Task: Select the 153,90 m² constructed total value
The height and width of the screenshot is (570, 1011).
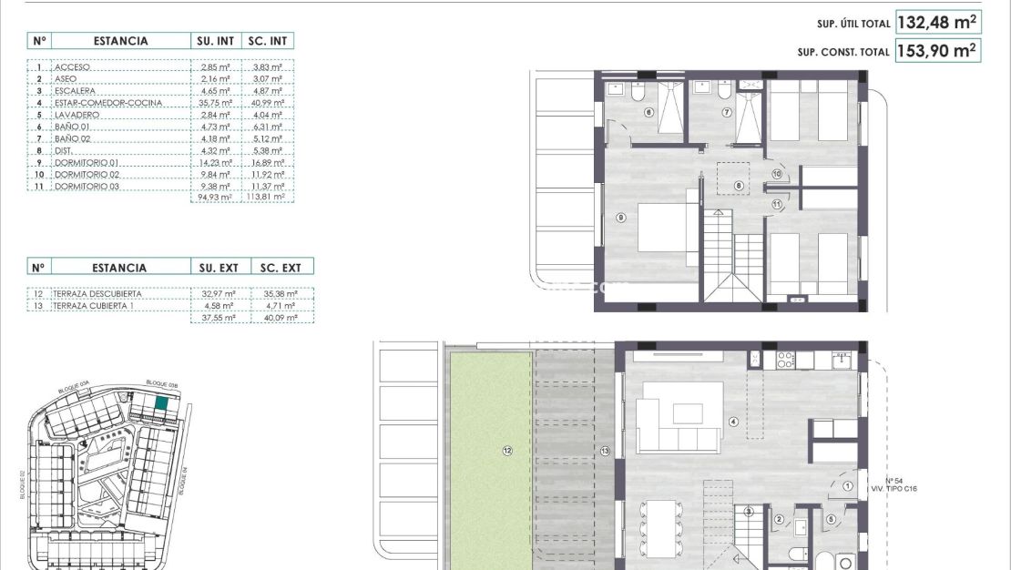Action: pyautogui.click(x=937, y=51)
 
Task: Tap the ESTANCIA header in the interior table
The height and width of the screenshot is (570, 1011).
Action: pyautogui.click(x=119, y=41)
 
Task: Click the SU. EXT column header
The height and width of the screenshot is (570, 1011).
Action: pyautogui.click(x=218, y=268)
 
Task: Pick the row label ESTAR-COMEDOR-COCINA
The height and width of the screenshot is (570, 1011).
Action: pyautogui.click(x=108, y=103)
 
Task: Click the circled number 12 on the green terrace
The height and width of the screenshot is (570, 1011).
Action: pyautogui.click(x=506, y=450)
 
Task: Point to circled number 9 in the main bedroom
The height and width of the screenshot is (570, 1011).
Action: pyautogui.click(x=620, y=218)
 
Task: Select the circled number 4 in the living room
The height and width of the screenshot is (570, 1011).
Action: pyautogui.click(x=732, y=421)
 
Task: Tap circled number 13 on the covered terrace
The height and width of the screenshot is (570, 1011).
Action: pyautogui.click(x=605, y=450)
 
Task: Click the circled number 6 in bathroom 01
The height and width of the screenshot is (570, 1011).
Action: pyautogui.click(x=649, y=113)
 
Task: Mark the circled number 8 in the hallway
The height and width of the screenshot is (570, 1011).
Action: pyautogui.click(x=739, y=185)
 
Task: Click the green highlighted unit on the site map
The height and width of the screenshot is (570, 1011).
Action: pyautogui.click(x=161, y=404)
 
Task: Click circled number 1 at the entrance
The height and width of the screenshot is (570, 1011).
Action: pyautogui.click(x=848, y=486)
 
